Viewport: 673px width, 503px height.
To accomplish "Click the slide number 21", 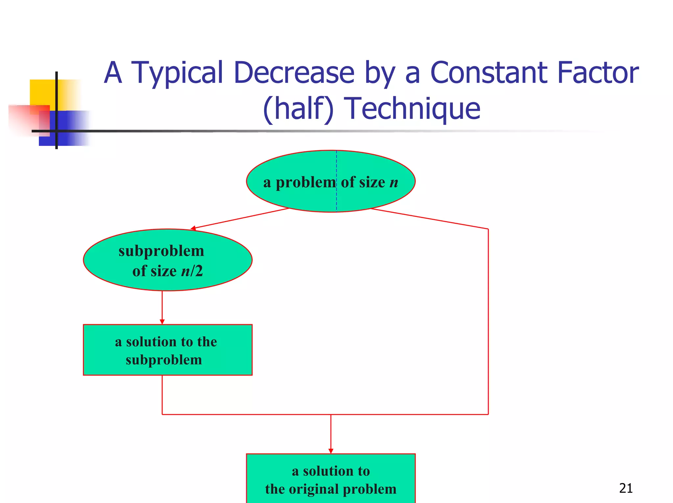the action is [x=625, y=488].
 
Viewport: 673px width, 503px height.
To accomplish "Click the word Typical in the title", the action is [x=177, y=73].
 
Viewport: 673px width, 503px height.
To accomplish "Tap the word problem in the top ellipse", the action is [x=306, y=182].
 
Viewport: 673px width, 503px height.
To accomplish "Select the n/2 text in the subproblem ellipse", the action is [x=192, y=271].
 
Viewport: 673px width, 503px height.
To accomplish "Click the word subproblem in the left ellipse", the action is [x=161, y=251].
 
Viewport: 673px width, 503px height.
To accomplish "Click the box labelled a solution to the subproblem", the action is [x=168, y=350].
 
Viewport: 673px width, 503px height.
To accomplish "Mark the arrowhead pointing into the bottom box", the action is [x=331, y=451].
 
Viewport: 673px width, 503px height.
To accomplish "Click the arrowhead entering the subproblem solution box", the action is [x=162, y=322].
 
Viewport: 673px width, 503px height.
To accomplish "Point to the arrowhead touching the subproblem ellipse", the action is [x=193, y=228].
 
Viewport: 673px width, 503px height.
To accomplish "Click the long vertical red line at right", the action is [x=488, y=322].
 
